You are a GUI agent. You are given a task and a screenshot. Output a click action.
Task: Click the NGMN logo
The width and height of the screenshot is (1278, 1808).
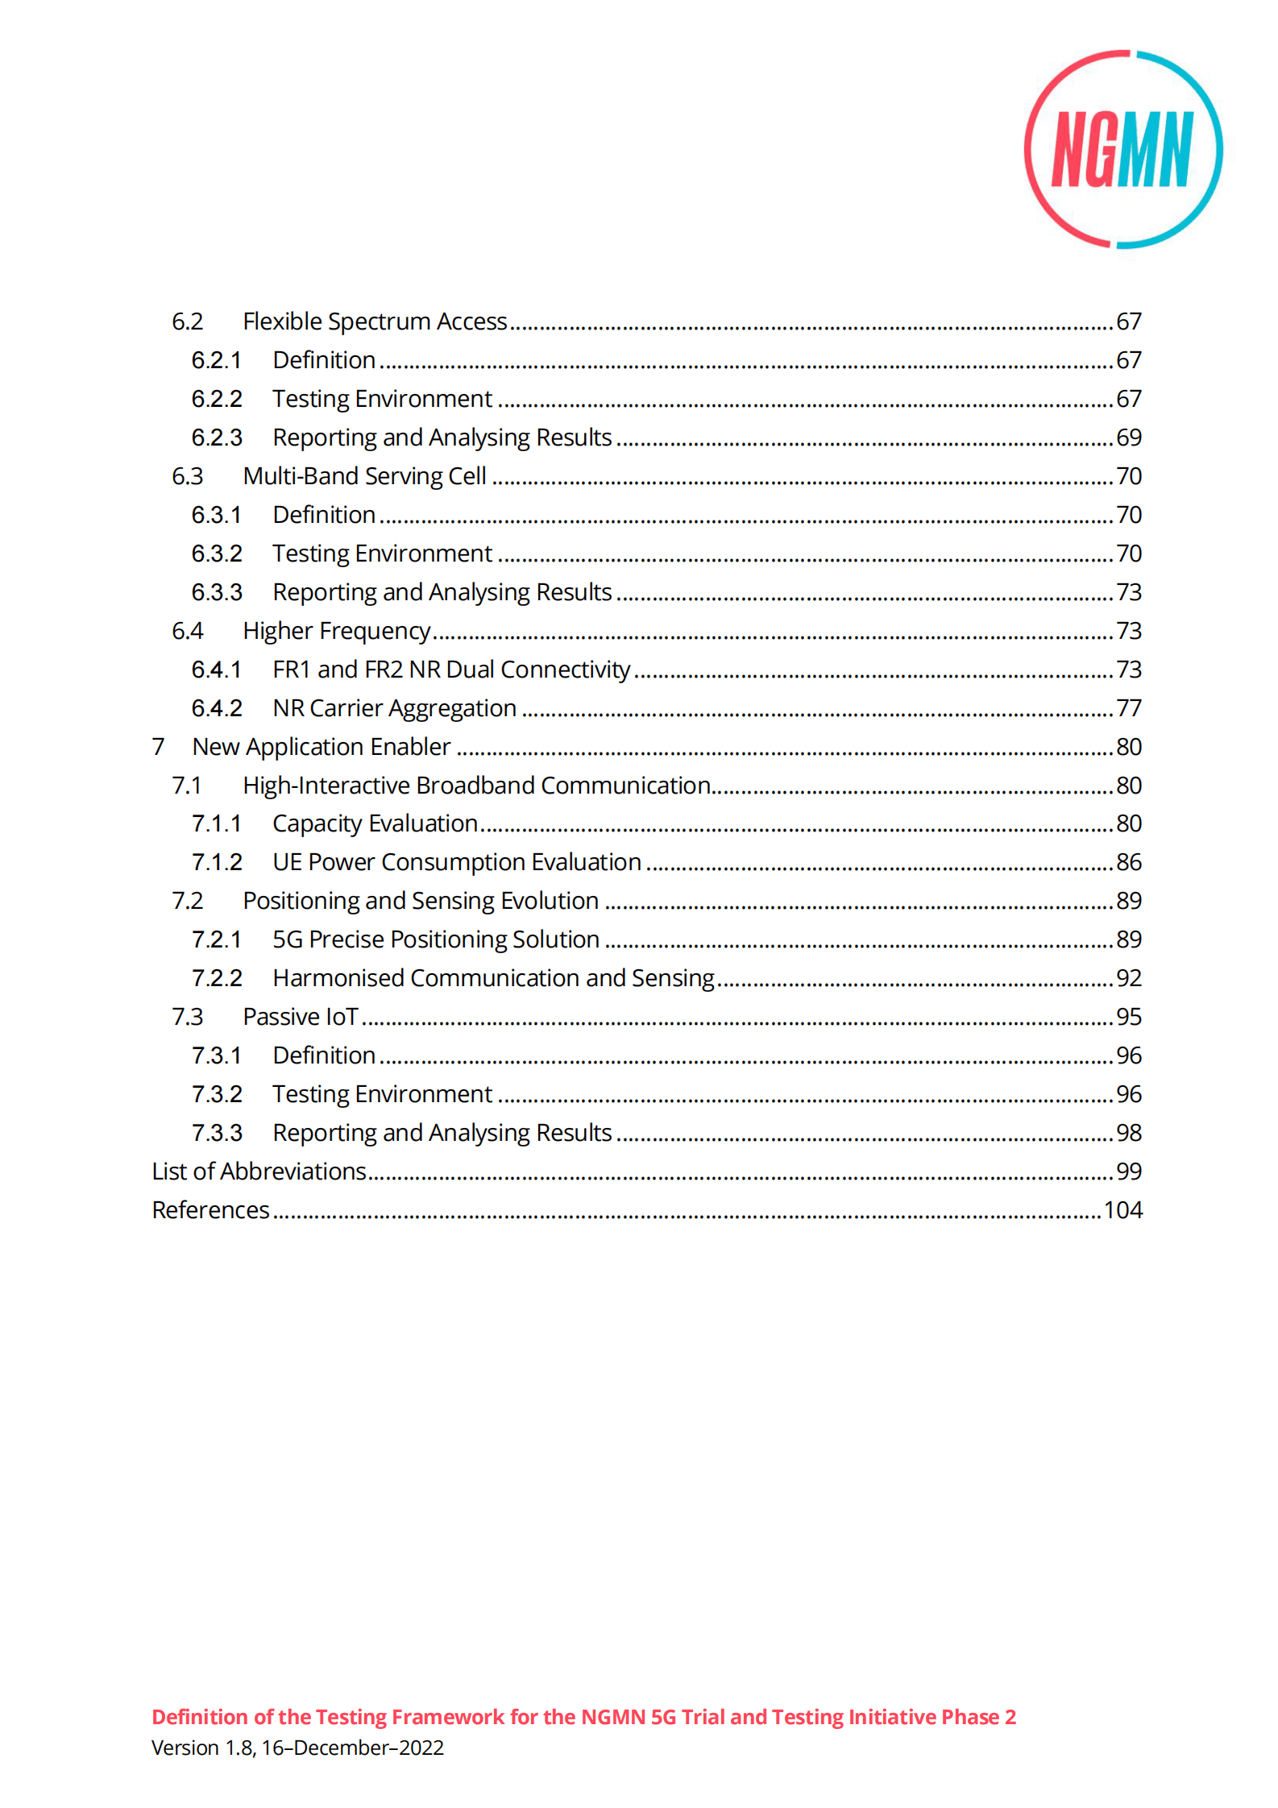(x=1123, y=150)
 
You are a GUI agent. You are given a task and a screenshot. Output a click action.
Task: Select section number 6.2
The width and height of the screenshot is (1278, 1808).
(x=187, y=321)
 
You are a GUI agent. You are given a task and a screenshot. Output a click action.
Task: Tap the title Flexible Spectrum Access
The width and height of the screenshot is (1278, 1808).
(x=375, y=321)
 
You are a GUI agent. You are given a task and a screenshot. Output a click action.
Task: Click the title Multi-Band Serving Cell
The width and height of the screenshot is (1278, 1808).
(x=364, y=476)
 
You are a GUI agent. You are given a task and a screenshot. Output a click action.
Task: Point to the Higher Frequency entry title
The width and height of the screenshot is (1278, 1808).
(x=336, y=631)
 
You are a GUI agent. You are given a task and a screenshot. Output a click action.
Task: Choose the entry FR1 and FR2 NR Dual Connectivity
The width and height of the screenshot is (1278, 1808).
(x=451, y=670)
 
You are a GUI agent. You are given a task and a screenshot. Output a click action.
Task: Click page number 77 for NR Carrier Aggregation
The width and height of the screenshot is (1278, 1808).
(x=1128, y=708)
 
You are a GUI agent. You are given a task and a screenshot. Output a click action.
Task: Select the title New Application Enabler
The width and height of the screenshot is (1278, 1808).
(x=321, y=747)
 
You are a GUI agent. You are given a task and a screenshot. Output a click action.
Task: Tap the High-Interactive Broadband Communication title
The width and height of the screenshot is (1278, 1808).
(x=476, y=786)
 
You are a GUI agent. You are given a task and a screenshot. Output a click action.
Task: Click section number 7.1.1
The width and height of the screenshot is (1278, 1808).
(x=216, y=823)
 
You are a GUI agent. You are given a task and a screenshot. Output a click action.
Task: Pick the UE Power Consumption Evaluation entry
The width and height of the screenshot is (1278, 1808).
(x=457, y=862)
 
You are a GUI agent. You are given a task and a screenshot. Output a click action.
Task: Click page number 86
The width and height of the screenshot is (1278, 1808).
(x=1128, y=862)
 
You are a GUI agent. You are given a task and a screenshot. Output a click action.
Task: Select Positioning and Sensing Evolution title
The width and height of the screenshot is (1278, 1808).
(x=421, y=901)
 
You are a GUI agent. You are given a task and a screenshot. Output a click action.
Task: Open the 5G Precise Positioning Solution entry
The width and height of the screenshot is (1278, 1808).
(x=436, y=939)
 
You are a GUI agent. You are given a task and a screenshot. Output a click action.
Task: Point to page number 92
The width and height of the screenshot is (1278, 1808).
(x=1128, y=978)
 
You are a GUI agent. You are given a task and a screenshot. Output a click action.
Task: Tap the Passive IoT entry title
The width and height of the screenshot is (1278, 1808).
(x=301, y=1017)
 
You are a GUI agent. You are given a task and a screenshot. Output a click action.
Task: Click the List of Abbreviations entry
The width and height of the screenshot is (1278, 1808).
(x=259, y=1171)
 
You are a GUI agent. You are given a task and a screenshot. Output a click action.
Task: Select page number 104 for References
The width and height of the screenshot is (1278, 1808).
(x=1122, y=1210)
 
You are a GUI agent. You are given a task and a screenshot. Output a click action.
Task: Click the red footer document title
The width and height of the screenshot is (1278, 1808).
(x=583, y=1717)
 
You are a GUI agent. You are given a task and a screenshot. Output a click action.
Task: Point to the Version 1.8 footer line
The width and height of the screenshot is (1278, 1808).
(x=297, y=1748)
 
